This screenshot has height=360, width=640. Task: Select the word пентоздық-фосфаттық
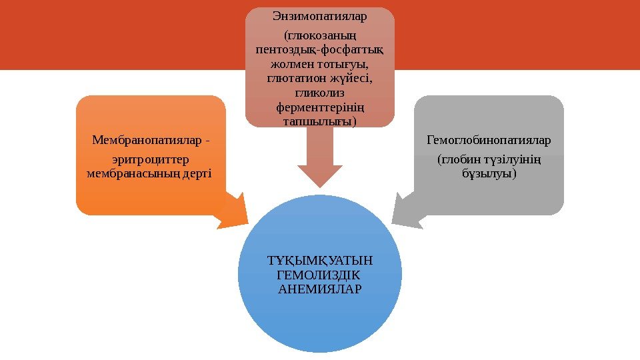(x=320, y=50)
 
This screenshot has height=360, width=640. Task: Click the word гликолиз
(x=320, y=93)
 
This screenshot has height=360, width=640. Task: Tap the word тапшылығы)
(x=320, y=121)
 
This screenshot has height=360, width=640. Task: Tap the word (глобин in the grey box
(x=457, y=160)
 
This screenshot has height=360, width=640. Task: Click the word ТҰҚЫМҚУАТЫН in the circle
(x=320, y=260)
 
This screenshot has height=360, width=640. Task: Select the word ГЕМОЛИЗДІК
(x=317, y=274)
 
